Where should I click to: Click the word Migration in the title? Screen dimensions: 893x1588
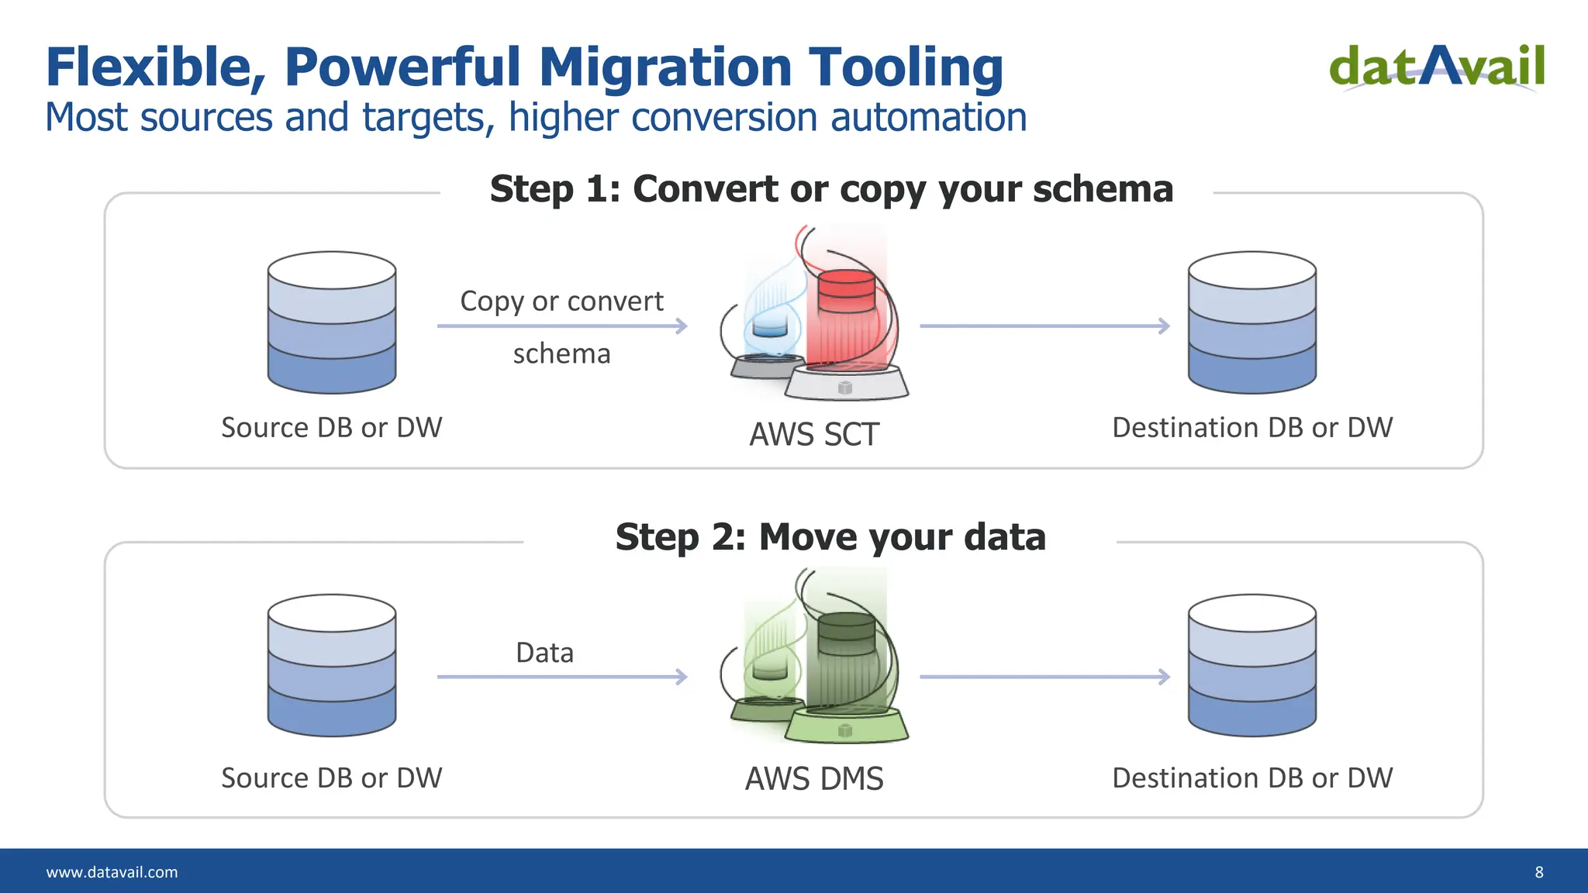coord(665,67)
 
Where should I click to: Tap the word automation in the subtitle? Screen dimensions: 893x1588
coord(928,118)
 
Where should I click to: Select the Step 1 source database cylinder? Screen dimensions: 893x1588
coord(332,322)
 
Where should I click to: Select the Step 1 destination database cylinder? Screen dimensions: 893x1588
coord(1251,322)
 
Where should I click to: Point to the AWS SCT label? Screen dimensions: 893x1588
coord(814,434)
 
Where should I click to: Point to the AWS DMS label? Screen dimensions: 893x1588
coord(814,778)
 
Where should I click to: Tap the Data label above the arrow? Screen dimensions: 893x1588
coord(544,653)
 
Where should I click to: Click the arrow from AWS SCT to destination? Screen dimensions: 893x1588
coord(1044,326)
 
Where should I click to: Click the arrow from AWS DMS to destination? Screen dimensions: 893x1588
coord(1044,677)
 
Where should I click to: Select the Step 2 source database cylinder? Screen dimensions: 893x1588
coord(332,665)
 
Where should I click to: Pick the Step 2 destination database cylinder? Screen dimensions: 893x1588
coord(1251,665)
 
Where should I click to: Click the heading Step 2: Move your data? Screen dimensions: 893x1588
coord(830,537)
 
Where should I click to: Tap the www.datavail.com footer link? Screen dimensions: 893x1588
coord(112,872)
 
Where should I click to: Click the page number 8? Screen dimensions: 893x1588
coord(1539,872)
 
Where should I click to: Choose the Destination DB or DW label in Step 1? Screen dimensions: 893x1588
coord(1252,427)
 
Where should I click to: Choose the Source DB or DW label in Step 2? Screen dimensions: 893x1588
coord(332,777)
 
